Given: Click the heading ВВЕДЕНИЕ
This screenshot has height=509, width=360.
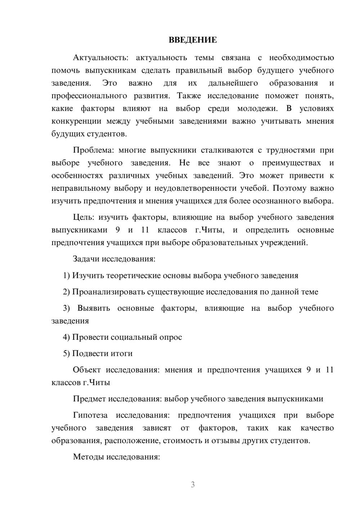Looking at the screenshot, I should pyautogui.click(x=193, y=40).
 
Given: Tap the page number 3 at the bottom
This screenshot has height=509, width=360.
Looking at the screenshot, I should pyautogui.click(x=193, y=485).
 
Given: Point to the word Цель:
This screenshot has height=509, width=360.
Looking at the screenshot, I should pyautogui.click(x=84, y=217).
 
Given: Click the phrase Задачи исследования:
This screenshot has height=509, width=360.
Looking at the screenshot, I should pyautogui.click(x=114, y=259).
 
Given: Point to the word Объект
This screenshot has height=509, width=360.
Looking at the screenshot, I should pyautogui.click(x=86, y=370).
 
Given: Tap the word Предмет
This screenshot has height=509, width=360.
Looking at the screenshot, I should pyautogui.click(x=90, y=398).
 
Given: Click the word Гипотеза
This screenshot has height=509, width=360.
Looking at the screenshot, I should pyautogui.click(x=90, y=415).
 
